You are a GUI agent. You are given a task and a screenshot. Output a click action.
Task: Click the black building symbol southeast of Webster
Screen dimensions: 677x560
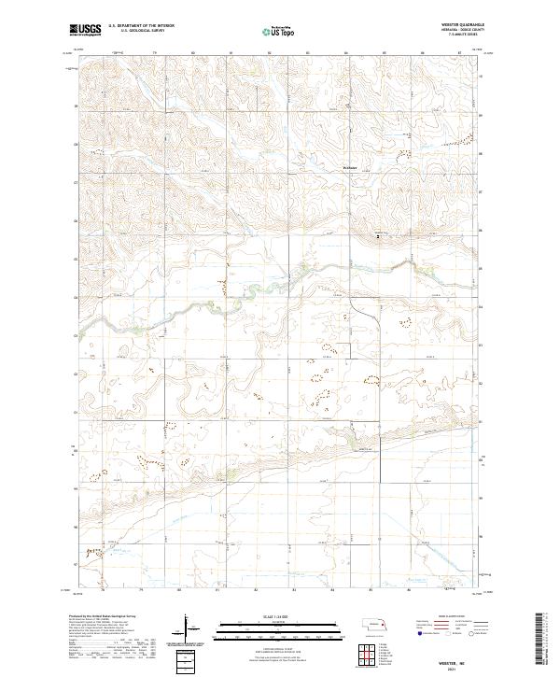378,236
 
